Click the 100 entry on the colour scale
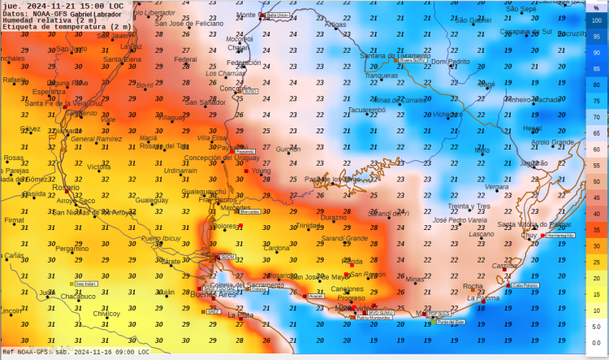pos(597,23)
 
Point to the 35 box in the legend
pos(597,230)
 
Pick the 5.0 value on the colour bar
pos(597,325)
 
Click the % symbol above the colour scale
pos(597,8)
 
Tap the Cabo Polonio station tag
pos(525,285)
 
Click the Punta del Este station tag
pos(451,322)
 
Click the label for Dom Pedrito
pos(450,62)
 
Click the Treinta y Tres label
pos(469,206)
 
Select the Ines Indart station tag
pos(85,284)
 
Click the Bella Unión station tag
pos(278,15)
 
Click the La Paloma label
pos(483,298)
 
